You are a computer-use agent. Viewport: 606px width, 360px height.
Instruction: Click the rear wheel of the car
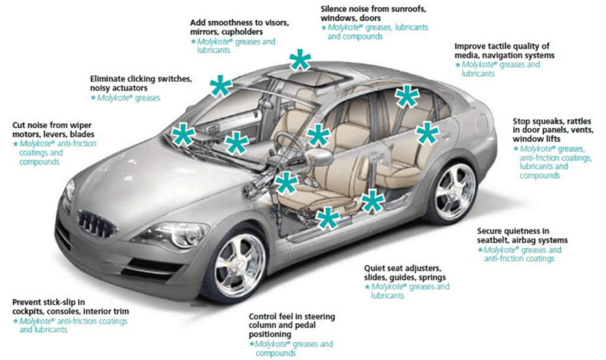(x=454, y=192)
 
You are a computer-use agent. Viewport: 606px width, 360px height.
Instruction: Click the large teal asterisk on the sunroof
(x=300, y=61)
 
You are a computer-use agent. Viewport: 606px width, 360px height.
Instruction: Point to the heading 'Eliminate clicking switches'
(x=141, y=79)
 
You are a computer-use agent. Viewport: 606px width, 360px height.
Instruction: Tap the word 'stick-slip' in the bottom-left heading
(x=66, y=302)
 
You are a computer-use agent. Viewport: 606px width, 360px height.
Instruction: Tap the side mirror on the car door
(x=318, y=156)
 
